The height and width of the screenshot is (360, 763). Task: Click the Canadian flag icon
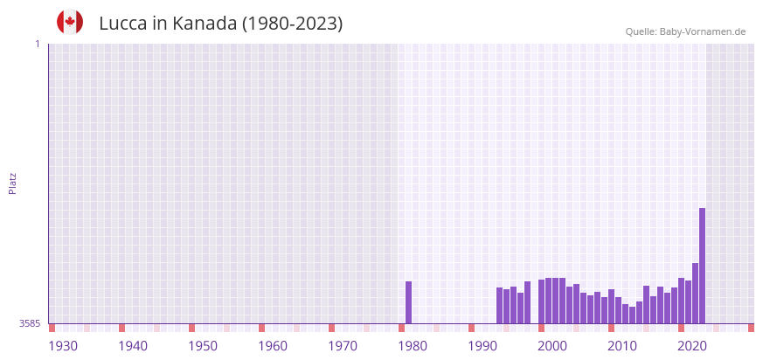[70, 22]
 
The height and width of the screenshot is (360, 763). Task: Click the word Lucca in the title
[122, 24]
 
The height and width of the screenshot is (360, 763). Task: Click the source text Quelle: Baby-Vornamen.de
[685, 31]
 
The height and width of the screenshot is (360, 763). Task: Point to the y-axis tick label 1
[38, 44]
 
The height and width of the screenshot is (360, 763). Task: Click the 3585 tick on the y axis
[30, 323]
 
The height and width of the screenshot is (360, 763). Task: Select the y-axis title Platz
[13, 183]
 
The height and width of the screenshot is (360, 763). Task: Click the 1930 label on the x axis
[63, 346]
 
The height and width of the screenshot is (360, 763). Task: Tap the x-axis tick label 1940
[133, 346]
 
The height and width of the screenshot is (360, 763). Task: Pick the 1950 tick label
[203, 346]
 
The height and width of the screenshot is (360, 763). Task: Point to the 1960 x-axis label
[273, 346]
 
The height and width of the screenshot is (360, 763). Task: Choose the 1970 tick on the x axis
[343, 346]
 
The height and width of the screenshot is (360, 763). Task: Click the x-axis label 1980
[413, 346]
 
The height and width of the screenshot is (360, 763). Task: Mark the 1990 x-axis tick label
[482, 346]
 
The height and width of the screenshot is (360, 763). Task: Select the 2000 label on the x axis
[552, 346]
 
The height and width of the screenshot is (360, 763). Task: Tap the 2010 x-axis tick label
[622, 346]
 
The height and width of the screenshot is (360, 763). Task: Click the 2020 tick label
[692, 346]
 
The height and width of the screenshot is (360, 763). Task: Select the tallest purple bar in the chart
[702, 266]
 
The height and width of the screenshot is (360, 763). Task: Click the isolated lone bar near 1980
[408, 302]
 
